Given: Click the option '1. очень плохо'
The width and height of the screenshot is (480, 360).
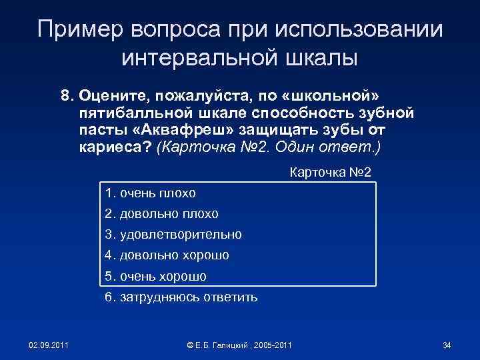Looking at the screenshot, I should pyautogui.click(x=150, y=193).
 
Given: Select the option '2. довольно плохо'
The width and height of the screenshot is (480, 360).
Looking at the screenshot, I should pyautogui.click(x=161, y=214).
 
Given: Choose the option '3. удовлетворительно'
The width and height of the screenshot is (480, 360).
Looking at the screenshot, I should pyautogui.click(x=173, y=235).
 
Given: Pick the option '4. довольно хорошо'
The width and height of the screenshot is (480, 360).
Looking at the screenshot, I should pyautogui.click(x=167, y=255).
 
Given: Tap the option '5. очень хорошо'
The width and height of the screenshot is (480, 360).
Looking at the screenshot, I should pyautogui.click(x=155, y=276).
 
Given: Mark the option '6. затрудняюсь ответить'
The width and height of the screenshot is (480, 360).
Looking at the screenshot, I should pyautogui.click(x=181, y=297).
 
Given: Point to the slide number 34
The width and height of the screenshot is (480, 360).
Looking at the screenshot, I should pyautogui.click(x=447, y=345).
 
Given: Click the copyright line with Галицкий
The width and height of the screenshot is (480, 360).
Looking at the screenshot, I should pyautogui.click(x=240, y=345).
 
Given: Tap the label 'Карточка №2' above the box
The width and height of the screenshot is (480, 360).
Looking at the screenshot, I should pyautogui.click(x=335, y=173).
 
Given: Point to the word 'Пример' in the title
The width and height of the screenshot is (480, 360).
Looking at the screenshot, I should pyautogui.click(x=82, y=29).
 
